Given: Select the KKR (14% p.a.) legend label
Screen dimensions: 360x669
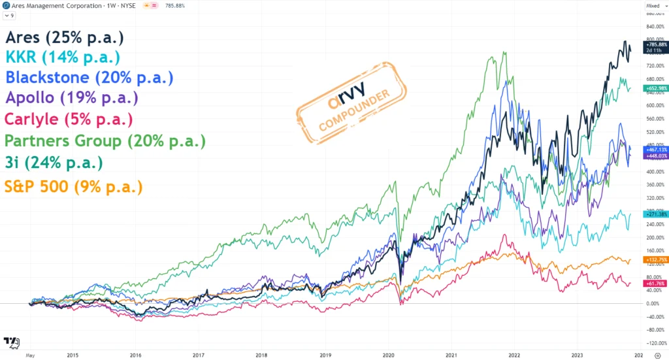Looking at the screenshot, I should coord(63,57).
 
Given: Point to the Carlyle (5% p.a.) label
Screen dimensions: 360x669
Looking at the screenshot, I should coord(69,120).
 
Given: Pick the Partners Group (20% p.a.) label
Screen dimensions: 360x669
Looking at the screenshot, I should coord(105,140).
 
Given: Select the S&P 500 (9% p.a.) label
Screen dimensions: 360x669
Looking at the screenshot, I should coord(73,186).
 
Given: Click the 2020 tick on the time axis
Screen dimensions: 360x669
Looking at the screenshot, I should coord(387,356).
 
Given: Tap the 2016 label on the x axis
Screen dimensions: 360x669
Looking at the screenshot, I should coord(135,356).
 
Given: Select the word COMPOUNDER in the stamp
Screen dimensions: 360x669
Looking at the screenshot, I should coord(354,109).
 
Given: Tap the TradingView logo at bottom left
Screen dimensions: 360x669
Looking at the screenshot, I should coord(11,342).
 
